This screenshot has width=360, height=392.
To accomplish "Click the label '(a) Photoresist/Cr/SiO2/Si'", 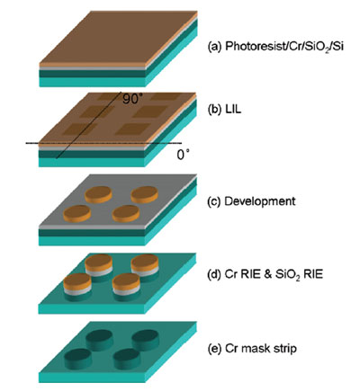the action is [x=275, y=47].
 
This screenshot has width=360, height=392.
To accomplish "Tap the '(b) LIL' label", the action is [x=225, y=110].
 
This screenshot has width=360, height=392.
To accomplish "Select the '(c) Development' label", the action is [x=252, y=201].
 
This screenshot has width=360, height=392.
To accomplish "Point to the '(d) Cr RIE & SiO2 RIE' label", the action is [x=265, y=274].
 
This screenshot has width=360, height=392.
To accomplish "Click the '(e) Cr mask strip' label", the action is [x=252, y=349].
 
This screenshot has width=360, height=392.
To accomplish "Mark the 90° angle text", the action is [x=131, y=99].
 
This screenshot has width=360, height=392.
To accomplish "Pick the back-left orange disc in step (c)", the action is [x=98, y=194].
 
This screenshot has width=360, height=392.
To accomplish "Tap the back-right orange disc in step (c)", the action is [x=145, y=194].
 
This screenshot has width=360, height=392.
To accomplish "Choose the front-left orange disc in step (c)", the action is [x=77, y=214].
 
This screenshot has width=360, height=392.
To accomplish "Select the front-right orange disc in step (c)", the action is [x=126, y=214].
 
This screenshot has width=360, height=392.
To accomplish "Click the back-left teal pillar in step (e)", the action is [x=100, y=340].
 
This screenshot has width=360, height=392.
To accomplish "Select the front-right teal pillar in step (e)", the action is [x=127, y=360].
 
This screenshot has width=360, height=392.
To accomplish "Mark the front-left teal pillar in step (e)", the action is [x=78, y=360].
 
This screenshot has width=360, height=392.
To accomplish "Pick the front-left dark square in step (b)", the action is [x=79, y=129].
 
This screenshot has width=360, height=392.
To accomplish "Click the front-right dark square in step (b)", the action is [x=133, y=129].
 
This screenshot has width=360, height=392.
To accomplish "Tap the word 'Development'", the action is [x=260, y=201].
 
